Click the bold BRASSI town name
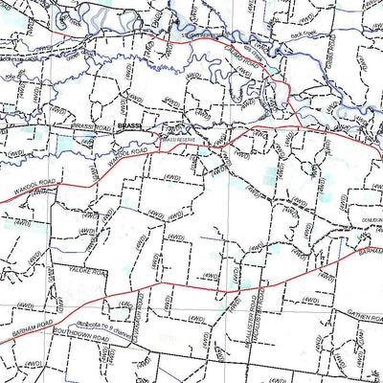[x=129, y=125]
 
